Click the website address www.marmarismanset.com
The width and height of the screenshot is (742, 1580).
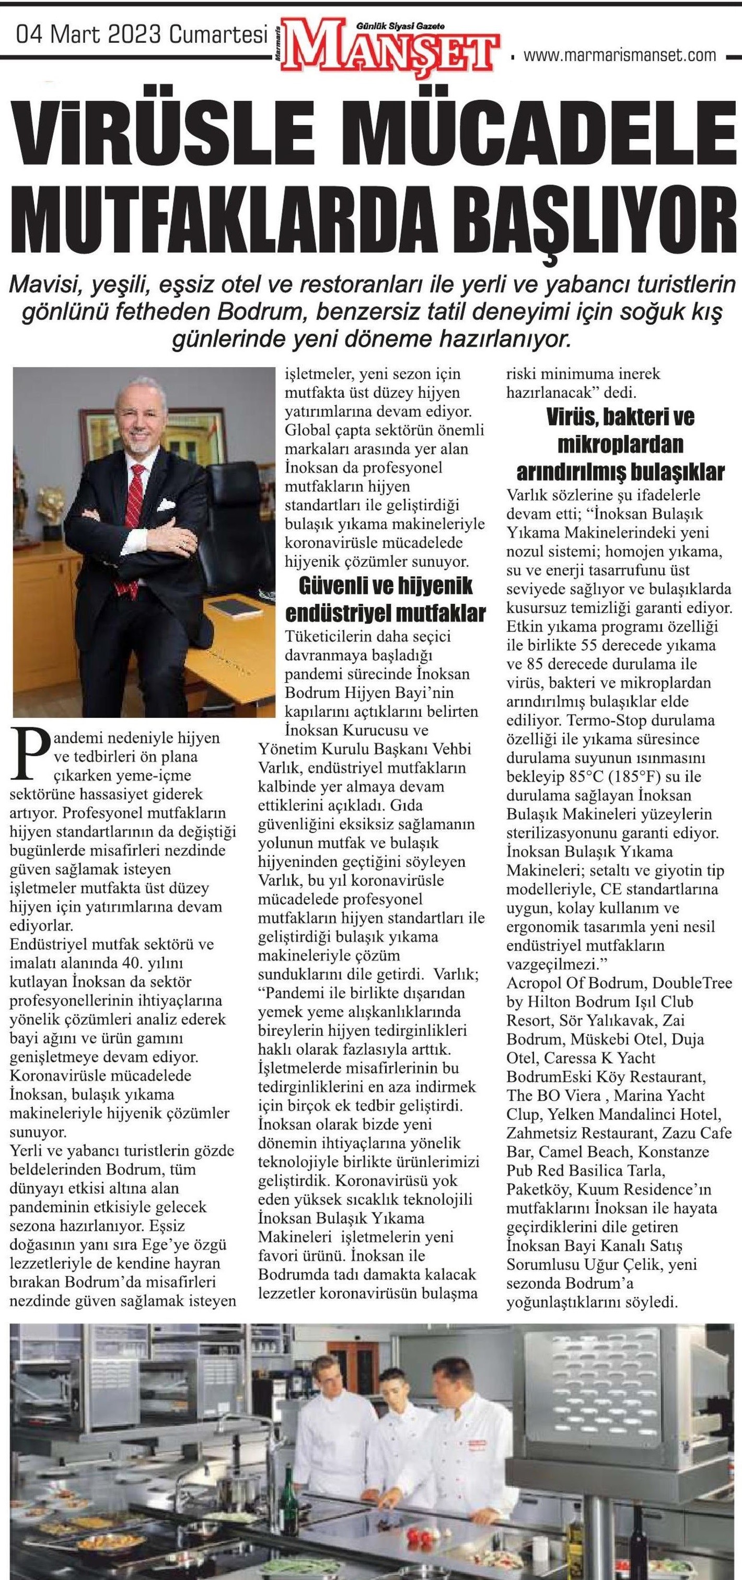(x=619, y=55)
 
